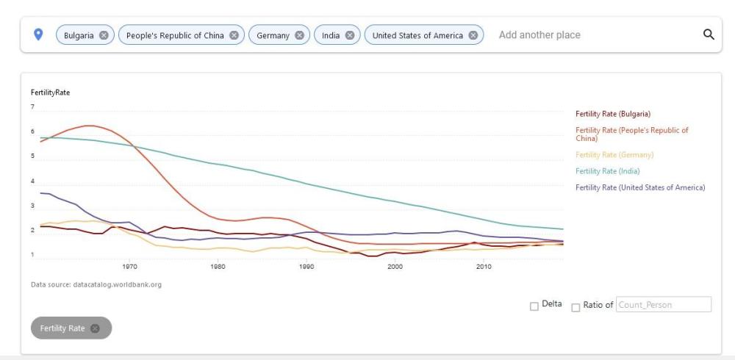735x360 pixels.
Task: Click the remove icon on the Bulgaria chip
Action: (104, 35)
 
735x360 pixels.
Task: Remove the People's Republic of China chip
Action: (234, 35)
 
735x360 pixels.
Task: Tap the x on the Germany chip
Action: (300, 35)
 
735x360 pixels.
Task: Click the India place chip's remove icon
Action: (350, 35)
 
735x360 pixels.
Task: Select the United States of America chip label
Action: (417, 35)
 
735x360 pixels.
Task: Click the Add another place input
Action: (588, 35)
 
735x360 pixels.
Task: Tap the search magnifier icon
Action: (709, 35)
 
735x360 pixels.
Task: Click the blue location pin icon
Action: (39, 35)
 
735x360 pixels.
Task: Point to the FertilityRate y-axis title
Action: (50, 92)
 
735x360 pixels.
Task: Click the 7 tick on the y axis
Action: (32, 107)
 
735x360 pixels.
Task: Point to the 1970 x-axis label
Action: (130, 267)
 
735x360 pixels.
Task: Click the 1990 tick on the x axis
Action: (306, 267)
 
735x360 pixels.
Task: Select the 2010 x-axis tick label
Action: (484, 267)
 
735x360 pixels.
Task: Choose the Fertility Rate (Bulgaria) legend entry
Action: (613, 114)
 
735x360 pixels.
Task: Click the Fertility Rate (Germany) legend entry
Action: (614, 154)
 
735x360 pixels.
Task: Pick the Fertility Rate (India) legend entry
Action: (608, 171)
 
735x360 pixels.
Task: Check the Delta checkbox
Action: (534, 306)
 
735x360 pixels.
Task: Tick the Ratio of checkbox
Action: (576, 306)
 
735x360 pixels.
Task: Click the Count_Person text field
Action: (663, 304)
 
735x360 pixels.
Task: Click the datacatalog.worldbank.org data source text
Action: (117, 285)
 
